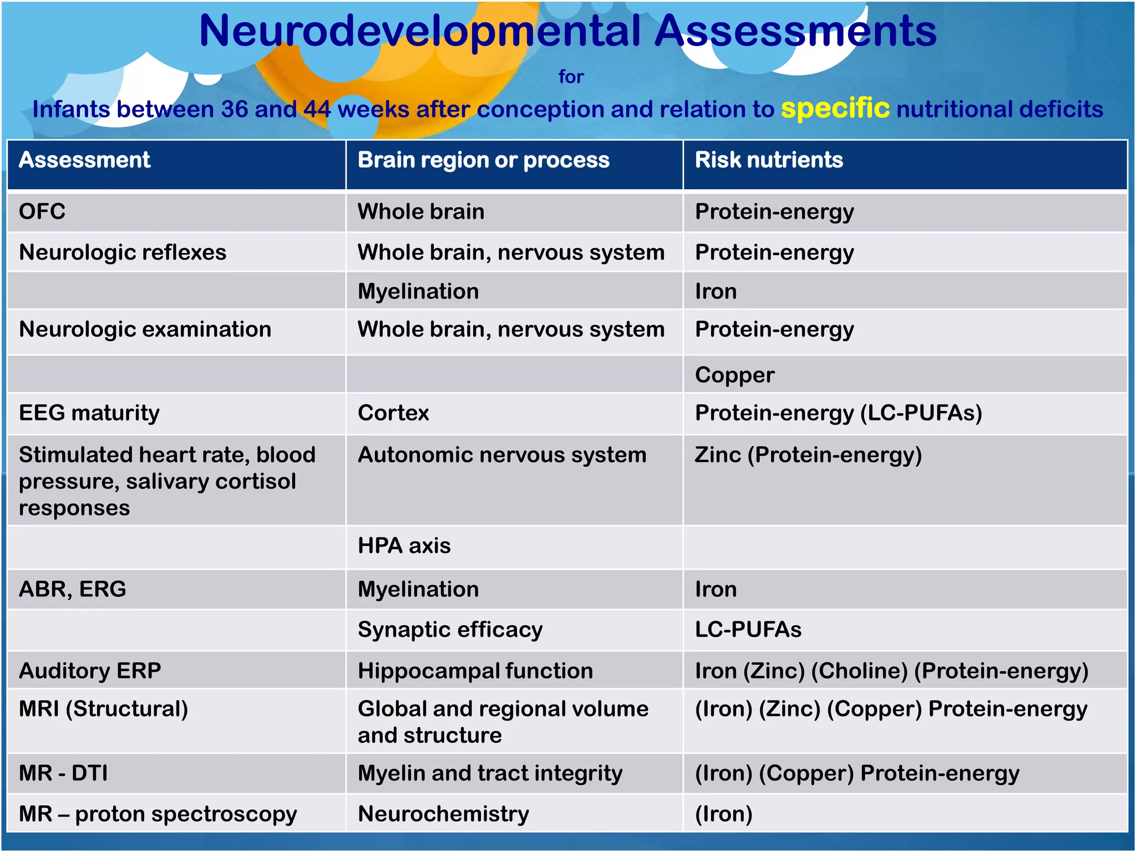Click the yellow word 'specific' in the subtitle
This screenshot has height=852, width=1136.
point(835,108)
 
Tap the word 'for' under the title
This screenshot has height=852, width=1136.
point(571,77)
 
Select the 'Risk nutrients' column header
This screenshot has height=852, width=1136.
point(769,160)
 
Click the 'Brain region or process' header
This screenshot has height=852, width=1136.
point(483,160)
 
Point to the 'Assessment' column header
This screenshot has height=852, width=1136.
point(84,160)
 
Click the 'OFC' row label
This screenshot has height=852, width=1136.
point(42,211)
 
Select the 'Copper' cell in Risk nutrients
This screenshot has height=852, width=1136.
point(734,375)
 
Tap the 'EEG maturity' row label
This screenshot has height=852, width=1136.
point(89,413)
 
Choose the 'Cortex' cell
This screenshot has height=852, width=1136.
point(393,413)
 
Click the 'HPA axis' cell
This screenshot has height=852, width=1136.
point(404,546)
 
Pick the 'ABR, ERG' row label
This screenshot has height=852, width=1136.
point(72,589)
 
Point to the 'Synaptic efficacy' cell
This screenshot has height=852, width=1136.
point(450,630)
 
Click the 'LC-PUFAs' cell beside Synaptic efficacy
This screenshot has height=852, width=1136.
point(748,630)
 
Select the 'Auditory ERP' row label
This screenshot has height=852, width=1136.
point(90,671)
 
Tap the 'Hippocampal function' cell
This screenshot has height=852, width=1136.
point(475,671)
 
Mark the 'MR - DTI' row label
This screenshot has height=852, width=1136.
point(63,773)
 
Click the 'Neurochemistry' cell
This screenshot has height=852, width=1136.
point(443,814)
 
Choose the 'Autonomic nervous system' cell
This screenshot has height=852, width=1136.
point(502,455)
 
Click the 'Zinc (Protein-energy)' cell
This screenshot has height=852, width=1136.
point(808,455)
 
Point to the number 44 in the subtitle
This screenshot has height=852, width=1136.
point(317,109)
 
